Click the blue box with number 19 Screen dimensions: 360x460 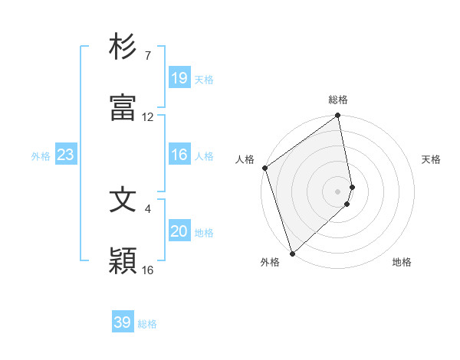point(179,77)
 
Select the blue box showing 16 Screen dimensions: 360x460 point(179,155)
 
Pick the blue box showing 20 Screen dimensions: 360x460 point(179,231)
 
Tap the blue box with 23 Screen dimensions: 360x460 point(66,155)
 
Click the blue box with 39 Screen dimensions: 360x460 point(123,322)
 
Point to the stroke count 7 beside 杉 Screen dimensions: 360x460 point(147,56)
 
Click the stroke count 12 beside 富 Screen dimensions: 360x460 point(148,117)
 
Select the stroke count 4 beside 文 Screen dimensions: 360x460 point(148,208)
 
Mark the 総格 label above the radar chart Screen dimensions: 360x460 point(338,100)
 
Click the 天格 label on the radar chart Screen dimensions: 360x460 point(432,159)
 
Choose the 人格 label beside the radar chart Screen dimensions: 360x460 point(245,159)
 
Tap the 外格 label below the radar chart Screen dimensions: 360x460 point(270,263)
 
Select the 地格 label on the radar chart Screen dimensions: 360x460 point(402,263)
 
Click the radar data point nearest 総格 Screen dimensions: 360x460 point(338,116)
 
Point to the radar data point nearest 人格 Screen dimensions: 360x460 point(264,168)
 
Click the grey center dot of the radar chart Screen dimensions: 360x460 point(338,191)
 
